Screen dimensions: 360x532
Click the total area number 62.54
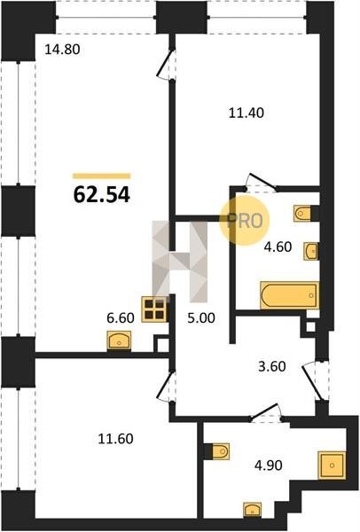pyautogui.click(x=101, y=195)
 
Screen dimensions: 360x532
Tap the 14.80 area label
pyautogui.click(x=62, y=50)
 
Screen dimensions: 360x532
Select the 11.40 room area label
pyautogui.click(x=246, y=113)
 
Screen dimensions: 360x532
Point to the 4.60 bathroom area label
pyautogui.click(x=278, y=246)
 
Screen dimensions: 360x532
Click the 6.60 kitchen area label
pyautogui.click(x=121, y=318)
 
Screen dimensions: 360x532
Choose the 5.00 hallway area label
pyautogui.click(x=201, y=318)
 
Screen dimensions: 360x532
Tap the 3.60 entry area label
pyautogui.click(x=272, y=367)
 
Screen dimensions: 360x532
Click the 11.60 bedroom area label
pyautogui.click(x=115, y=439)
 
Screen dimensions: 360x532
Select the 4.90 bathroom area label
pyautogui.click(x=269, y=465)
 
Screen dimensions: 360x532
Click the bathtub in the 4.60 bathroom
pyautogui.click(x=289, y=295)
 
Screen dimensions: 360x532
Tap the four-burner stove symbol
pyautogui.click(x=154, y=309)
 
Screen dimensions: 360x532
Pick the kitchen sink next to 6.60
pyautogui.click(x=119, y=340)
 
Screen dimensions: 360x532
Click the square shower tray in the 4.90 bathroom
pyautogui.click(x=332, y=465)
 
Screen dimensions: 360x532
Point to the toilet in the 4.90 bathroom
pyautogui.click(x=220, y=451)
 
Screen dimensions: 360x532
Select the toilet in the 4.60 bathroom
pyautogui.click(x=302, y=214)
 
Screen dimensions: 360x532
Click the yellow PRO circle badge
pyautogui.click(x=245, y=221)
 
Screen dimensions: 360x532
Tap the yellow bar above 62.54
pyautogui.click(x=101, y=176)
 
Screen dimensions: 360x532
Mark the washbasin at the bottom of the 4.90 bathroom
pyautogui.click(x=253, y=510)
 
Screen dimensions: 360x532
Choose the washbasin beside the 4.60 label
pyautogui.click(x=310, y=252)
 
